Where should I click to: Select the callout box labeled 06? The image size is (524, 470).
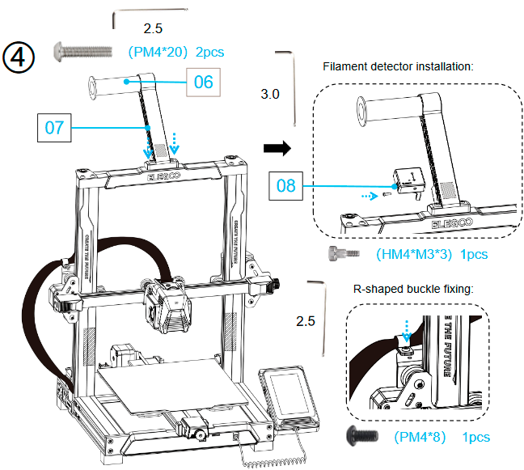click(204, 82)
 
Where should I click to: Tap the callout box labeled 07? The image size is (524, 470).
click(54, 127)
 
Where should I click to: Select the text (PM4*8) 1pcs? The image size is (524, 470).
click(442, 437)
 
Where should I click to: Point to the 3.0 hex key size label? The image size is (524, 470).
click(270, 95)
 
